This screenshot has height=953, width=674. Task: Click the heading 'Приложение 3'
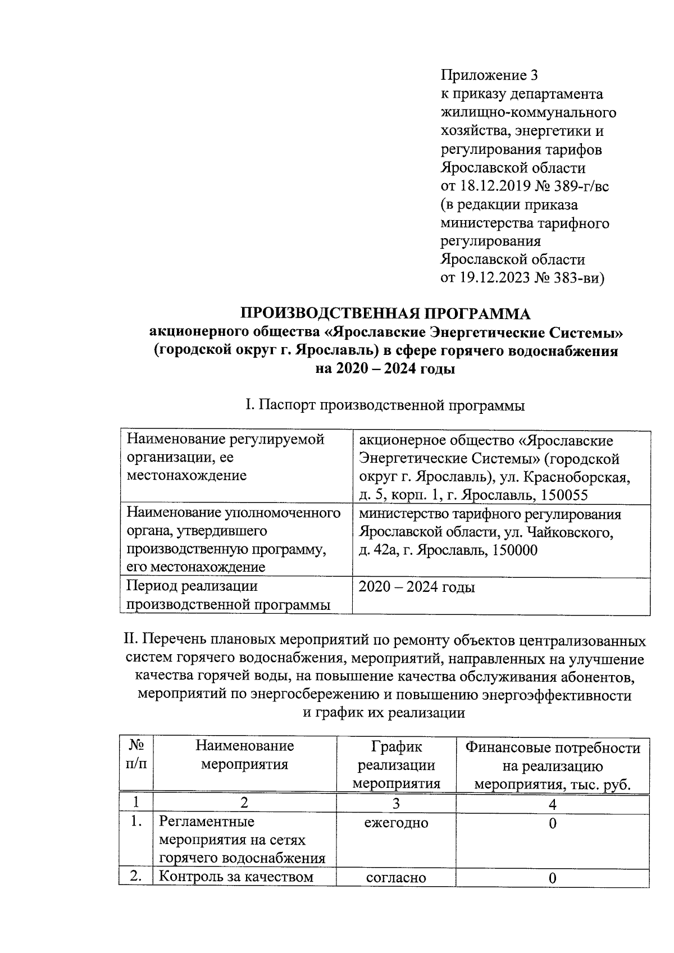489,75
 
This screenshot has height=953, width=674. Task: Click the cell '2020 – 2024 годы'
417,587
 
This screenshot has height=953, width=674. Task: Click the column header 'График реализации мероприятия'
396,765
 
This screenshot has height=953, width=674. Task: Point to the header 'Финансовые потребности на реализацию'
553,757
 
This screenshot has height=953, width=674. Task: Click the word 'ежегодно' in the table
396,823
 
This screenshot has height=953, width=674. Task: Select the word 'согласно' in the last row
396,878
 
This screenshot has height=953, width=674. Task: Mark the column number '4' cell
553,805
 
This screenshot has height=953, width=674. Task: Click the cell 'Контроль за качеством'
236,877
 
